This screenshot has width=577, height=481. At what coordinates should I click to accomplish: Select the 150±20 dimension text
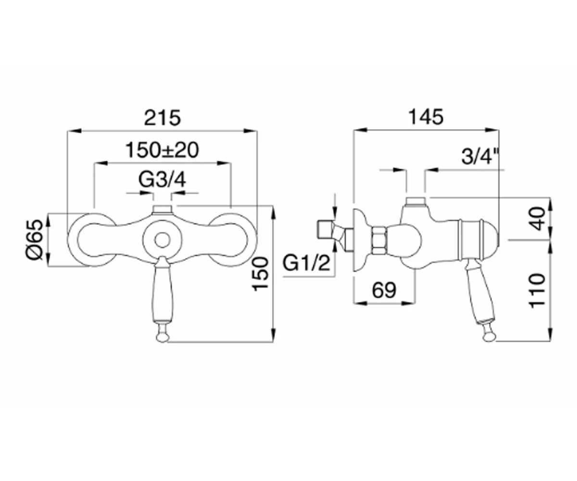tap(162, 150)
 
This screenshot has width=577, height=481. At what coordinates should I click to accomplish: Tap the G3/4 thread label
tap(162, 180)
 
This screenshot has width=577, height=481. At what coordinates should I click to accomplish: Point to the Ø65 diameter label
tap(36, 240)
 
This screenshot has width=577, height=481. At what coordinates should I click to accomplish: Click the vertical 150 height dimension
tap(261, 274)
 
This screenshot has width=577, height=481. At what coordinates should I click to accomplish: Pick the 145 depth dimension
tap(426, 117)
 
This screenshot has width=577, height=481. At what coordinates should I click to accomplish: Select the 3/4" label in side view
tap(477, 156)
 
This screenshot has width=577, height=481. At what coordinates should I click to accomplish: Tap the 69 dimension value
tap(384, 290)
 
